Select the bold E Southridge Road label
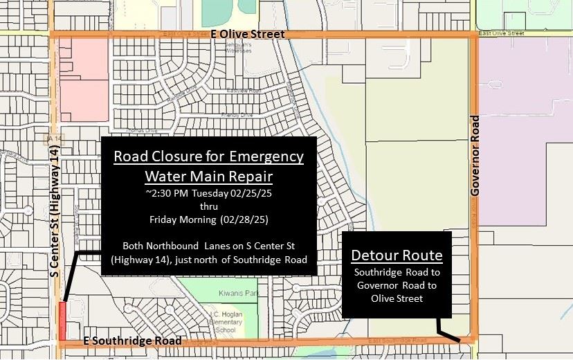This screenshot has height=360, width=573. point(132,341)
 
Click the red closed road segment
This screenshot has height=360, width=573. point(63,320)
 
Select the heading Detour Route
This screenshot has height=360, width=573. point(397,255)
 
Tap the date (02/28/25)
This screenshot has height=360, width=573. point(246,219)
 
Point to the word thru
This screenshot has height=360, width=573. point(208,206)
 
